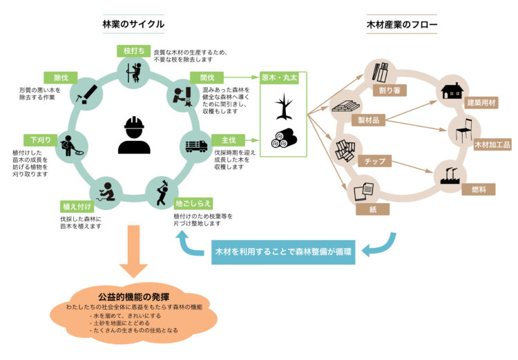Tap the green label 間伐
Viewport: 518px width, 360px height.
pyautogui.click(x=204, y=77)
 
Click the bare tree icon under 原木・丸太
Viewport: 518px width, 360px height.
pyautogui.click(x=283, y=108)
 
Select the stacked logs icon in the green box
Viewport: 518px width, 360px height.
pyautogui.click(x=283, y=139)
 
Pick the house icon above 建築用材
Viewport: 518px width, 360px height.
pyautogui.click(x=452, y=91)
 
